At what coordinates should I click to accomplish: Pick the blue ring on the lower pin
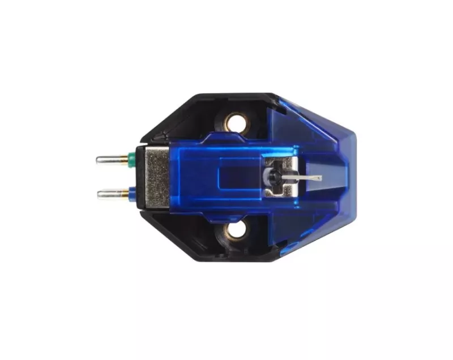tap(131, 193)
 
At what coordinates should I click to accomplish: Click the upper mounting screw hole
tap(233, 121)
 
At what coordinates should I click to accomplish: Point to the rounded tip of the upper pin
tap(99, 160)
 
